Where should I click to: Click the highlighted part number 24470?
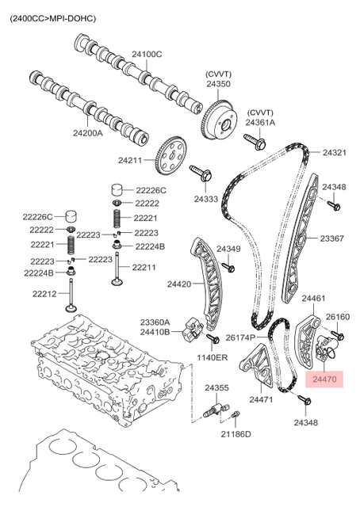pyautogui.click(x=324, y=379)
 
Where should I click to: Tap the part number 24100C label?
pyautogui.click(x=147, y=55)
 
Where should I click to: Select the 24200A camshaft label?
pyautogui.click(x=87, y=132)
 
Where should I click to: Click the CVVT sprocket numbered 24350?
pyautogui.click(x=220, y=120)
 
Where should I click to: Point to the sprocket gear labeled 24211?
pyautogui.click(x=170, y=155)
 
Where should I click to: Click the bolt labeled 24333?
pyautogui.click(x=201, y=173)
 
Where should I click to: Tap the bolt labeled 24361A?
pyautogui.click(x=255, y=141)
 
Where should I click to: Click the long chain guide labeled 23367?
pyautogui.click(x=301, y=238)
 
